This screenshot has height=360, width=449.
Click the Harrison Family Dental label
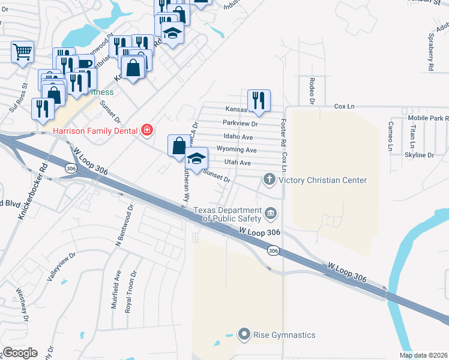(95, 130)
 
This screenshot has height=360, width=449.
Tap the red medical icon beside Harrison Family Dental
(146, 130)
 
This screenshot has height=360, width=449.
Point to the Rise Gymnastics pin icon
(244, 334)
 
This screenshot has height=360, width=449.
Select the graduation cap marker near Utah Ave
(196, 160)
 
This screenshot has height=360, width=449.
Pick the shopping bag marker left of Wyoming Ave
(179, 145)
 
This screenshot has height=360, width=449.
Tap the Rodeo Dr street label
(312, 89)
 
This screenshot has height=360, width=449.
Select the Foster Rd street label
(283, 131)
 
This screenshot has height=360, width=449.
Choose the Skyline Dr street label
(419, 155)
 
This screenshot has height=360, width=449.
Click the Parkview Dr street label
(240, 124)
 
